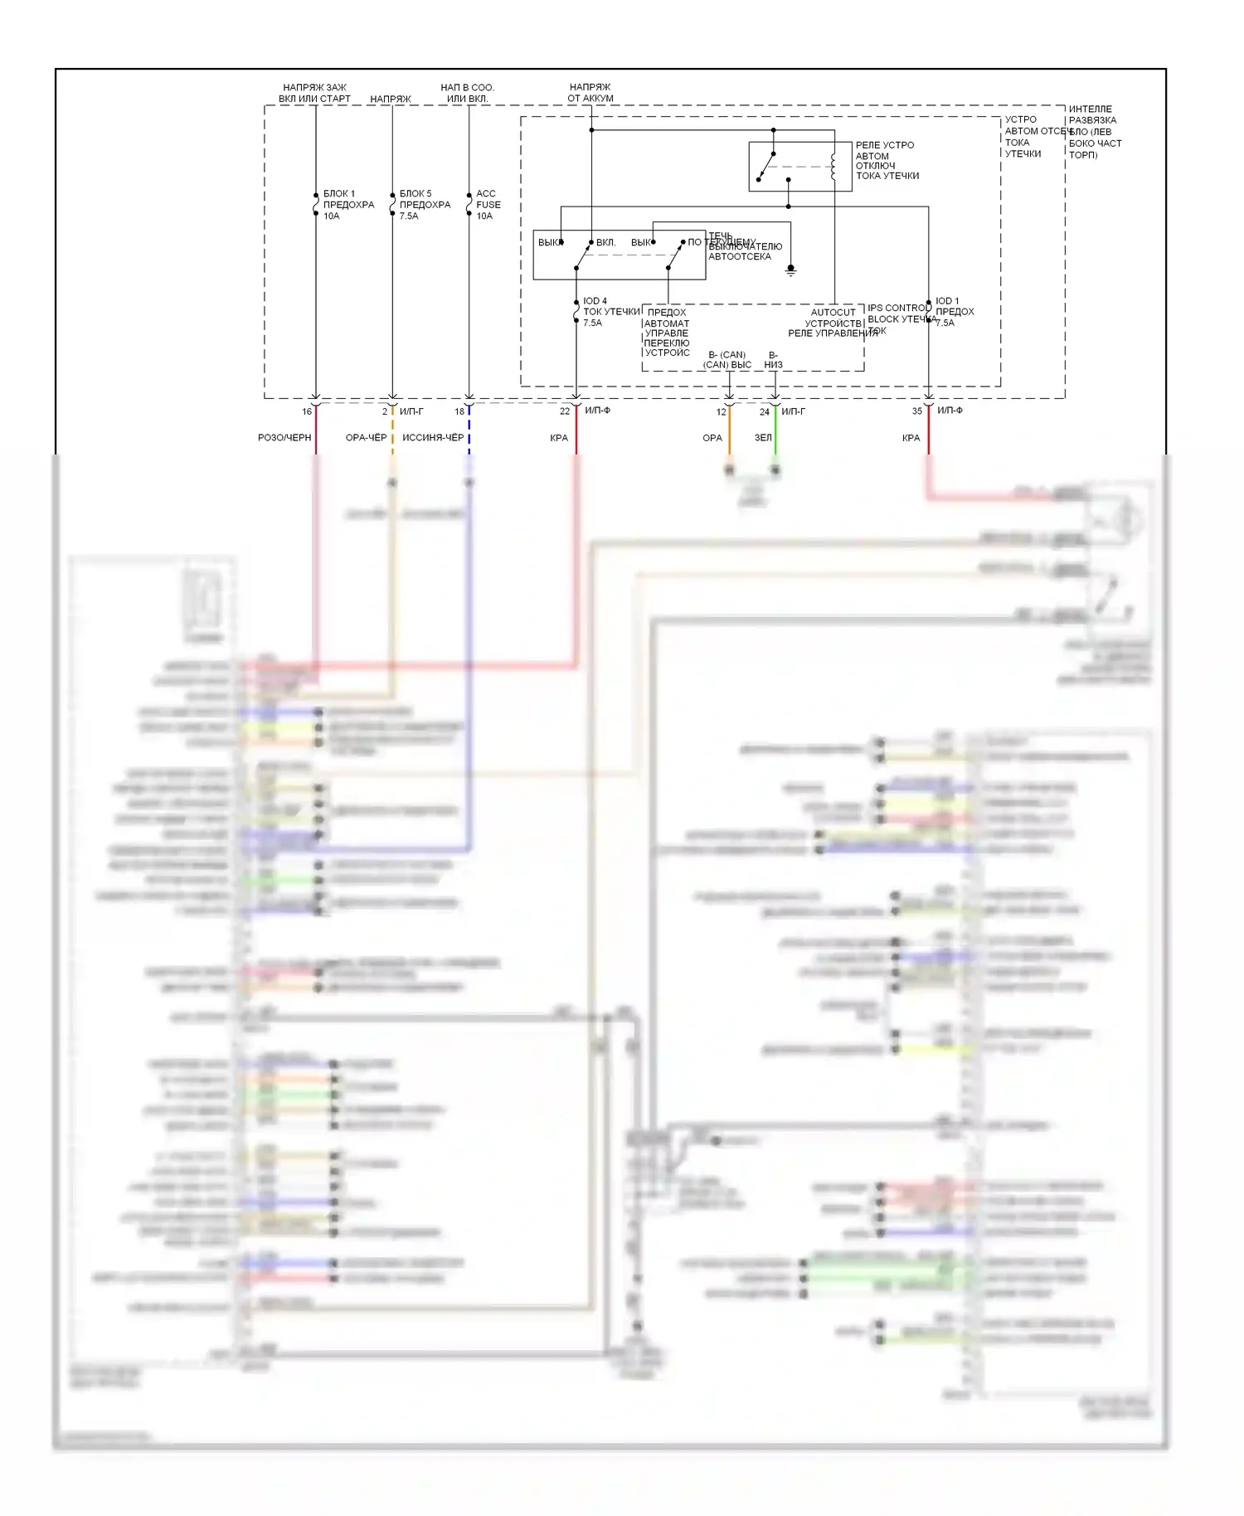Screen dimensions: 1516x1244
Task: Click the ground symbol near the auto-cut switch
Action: pyautogui.click(x=790, y=270)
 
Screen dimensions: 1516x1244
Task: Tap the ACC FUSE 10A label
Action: pyautogui.click(x=488, y=205)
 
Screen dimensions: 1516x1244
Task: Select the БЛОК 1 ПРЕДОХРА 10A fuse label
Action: pyautogui.click(x=348, y=205)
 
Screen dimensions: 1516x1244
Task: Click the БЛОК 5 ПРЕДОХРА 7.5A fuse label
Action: pyautogui.click(x=425, y=205)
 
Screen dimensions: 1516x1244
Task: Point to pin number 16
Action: pyautogui.click(x=307, y=411)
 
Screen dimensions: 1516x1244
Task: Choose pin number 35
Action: pyautogui.click(x=917, y=411)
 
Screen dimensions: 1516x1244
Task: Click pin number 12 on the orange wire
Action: pyautogui.click(x=721, y=412)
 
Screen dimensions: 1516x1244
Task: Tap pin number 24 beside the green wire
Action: pyautogui.click(x=765, y=412)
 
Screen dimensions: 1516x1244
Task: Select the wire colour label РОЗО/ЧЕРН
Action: pyautogui.click(x=284, y=438)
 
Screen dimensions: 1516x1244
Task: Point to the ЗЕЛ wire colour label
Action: pyautogui.click(x=763, y=438)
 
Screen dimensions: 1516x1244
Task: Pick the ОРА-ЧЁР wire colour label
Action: pyautogui.click(x=366, y=438)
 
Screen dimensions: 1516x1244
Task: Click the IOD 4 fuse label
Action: pyautogui.click(x=595, y=301)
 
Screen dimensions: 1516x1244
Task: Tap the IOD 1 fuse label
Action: pyautogui.click(x=947, y=301)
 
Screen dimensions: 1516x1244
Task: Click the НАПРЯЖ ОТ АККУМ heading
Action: pyautogui.click(x=590, y=92)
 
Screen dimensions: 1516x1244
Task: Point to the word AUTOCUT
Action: pyautogui.click(x=833, y=313)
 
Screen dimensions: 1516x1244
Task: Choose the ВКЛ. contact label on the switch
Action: pyautogui.click(x=605, y=243)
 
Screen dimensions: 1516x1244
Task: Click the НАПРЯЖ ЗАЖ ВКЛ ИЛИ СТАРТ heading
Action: pyautogui.click(x=314, y=93)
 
